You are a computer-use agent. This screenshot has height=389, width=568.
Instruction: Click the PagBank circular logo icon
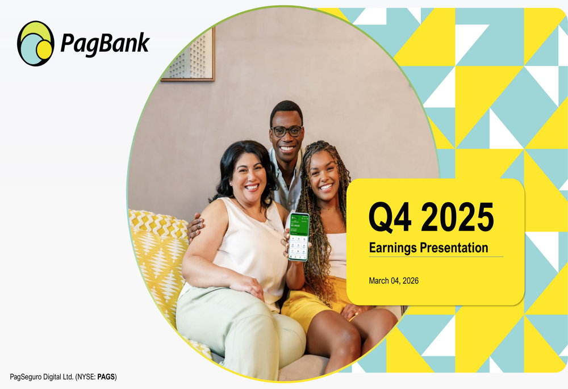[36, 44]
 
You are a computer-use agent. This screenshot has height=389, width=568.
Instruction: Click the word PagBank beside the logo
[105, 43]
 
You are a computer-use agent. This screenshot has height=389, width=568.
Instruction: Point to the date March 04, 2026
[394, 281]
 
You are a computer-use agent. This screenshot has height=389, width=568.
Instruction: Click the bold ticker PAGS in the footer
[106, 377]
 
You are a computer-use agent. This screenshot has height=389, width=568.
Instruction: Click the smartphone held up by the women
[299, 236]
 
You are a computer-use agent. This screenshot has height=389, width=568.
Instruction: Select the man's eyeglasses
[287, 131]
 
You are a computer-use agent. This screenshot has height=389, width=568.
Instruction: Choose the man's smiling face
[287, 137]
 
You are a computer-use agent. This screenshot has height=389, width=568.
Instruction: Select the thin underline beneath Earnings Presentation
[436, 257]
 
